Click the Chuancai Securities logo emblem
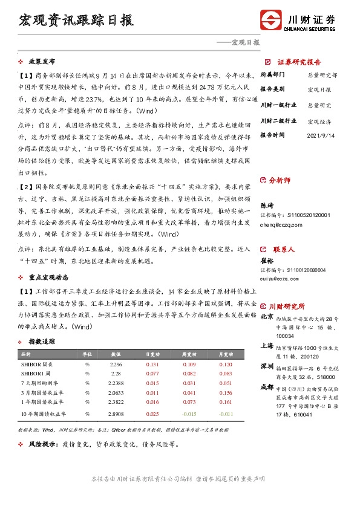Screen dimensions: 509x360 pyautogui.click(x=270, y=19)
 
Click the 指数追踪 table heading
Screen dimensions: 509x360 pyautogui.click(x=42, y=342)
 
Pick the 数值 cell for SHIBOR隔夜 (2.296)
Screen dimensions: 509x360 pyautogui.click(x=116, y=365)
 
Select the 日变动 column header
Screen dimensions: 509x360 pyautogui.click(x=152, y=354)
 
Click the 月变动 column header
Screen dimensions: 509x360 pyautogui.click(x=226, y=354)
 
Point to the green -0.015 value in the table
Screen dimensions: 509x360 pyautogui.click(x=189, y=413)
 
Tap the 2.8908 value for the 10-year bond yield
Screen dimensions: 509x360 pyautogui.click(x=116, y=413)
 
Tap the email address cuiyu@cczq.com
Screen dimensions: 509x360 pyautogui.click(x=283, y=279)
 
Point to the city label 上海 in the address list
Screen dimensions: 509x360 pyautogui.click(x=266, y=346)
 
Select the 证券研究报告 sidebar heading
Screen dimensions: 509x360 pyautogui.click(x=299, y=62)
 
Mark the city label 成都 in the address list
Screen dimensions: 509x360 pyautogui.click(x=266, y=386)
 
